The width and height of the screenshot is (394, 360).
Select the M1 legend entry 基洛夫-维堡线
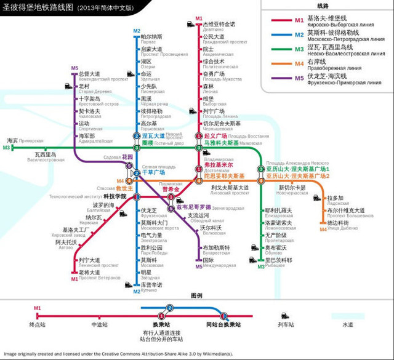[x=324, y=20]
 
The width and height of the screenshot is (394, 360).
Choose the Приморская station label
[x=31, y=141]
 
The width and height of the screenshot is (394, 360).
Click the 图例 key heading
[x=196, y=296]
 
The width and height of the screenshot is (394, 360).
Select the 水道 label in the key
[x=347, y=324]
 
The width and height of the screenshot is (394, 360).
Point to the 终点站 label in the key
[x=36, y=324]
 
